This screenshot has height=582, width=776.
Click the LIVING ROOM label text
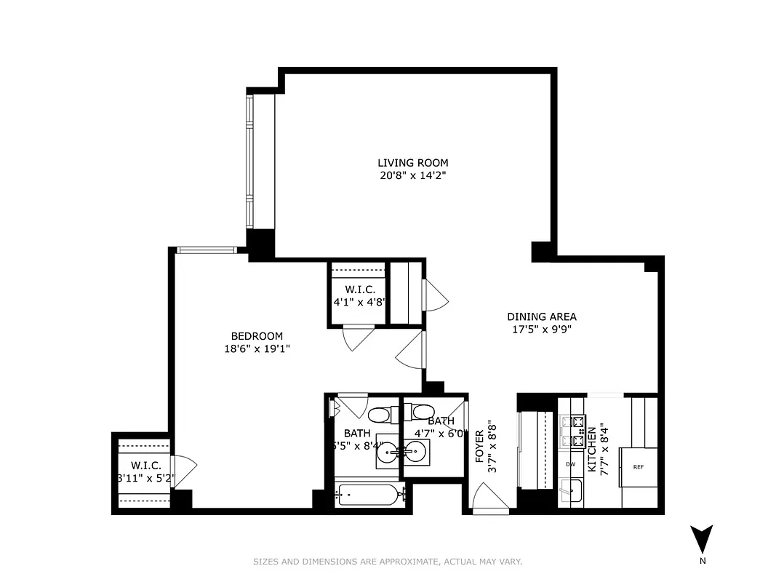coord(412,163)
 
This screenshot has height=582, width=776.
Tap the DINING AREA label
coord(541,316)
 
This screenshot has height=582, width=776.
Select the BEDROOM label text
coord(257,336)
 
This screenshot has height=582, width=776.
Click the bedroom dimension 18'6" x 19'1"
coord(257,348)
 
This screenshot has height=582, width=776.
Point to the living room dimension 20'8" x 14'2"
coord(412,175)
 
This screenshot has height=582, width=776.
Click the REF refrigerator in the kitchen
coord(638,468)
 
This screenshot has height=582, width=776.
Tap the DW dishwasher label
coord(571,463)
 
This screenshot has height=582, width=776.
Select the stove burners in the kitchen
coord(572,431)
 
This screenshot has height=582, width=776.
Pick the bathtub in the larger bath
coord(369,495)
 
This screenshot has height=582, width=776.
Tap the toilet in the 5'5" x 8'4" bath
coord(378,415)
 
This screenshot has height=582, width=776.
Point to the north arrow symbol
coord(701,540)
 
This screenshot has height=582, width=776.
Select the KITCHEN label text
coord(592,449)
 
